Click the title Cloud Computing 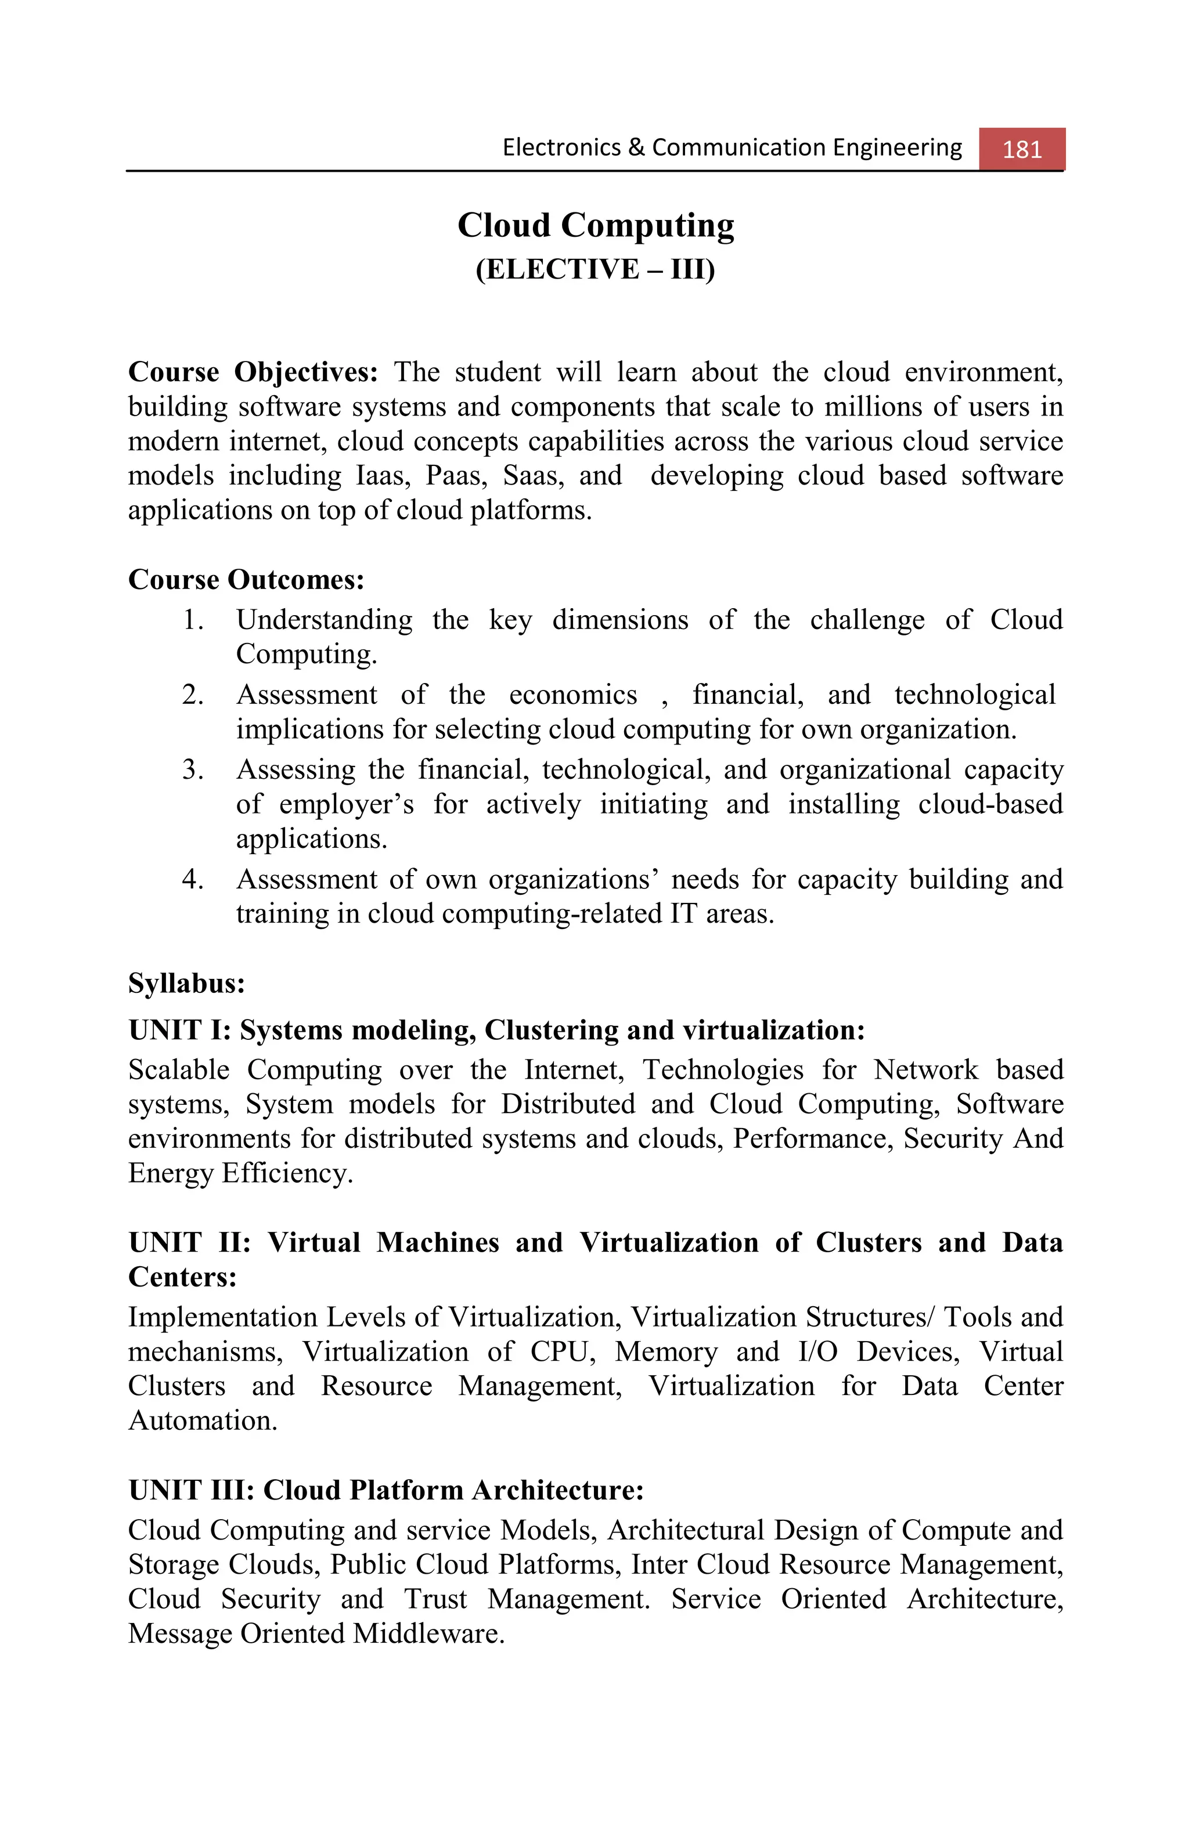[595, 225]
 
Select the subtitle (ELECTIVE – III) [595, 269]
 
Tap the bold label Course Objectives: [253, 372]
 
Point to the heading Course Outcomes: [246, 579]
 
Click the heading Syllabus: [186, 984]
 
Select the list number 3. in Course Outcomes [192, 770]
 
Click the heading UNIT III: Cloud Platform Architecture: [386, 1490]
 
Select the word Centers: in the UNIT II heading [182, 1277]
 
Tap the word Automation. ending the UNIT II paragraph [202, 1420]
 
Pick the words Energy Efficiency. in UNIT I [240, 1173]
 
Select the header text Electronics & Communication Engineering [732, 147]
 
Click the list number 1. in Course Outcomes [192, 620]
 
